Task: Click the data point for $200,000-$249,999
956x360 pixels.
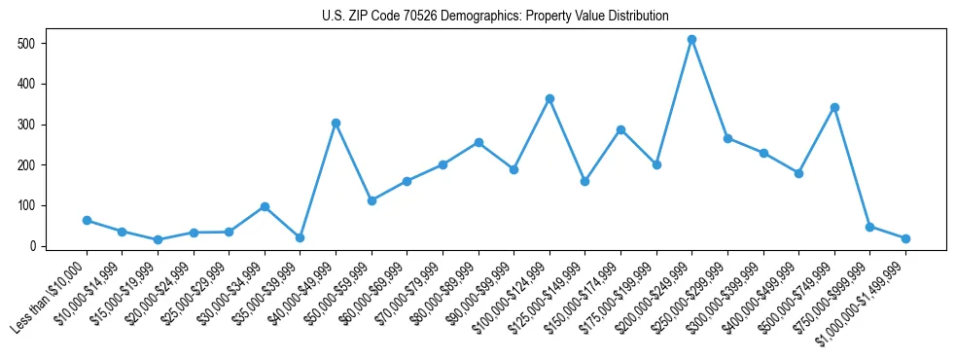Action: pos(691,40)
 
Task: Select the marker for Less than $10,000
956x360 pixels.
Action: pos(87,221)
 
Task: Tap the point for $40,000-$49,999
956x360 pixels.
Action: pos(336,124)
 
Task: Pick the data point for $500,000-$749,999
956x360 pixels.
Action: pos(834,108)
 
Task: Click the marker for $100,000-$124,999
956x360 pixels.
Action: pos(549,99)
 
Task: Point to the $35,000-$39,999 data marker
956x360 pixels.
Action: pos(300,237)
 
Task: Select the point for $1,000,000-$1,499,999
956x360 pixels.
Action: pos(905,238)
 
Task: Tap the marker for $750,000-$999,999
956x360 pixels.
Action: pos(869,227)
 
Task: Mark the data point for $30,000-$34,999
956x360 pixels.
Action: pos(265,206)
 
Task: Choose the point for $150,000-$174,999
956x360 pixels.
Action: pos(620,129)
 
